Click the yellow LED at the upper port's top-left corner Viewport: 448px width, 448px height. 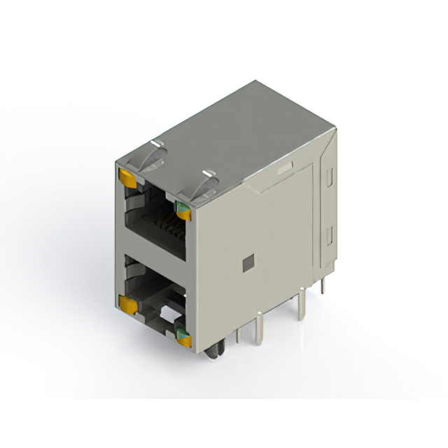pyautogui.click(x=128, y=176)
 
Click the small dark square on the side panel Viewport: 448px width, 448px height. pyautogui.click(x=246, y=263)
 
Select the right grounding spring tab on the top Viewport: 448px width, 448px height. pyautogui.click(x=209, y=183)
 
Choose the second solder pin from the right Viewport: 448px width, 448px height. pyautogui.click(x=302, y=304)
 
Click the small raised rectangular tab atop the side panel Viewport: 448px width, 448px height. pyautogui.click(x=284, y=169)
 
